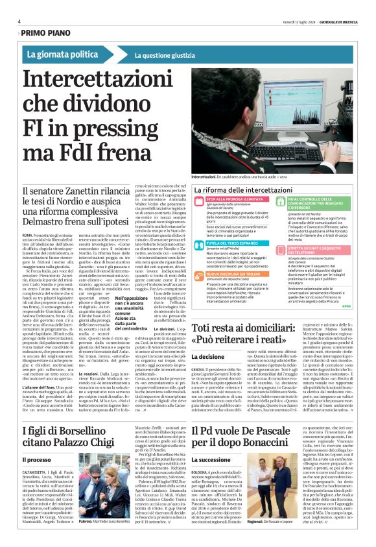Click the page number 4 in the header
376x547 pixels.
[19, 21]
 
